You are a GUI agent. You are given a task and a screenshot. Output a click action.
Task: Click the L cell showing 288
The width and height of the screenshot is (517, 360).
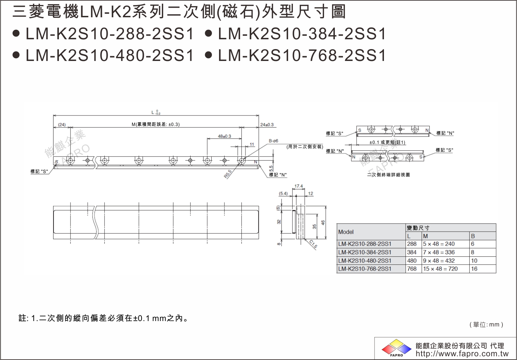tap(412, 244)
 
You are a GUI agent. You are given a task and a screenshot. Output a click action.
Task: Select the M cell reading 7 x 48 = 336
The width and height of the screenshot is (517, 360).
tap(439, 252)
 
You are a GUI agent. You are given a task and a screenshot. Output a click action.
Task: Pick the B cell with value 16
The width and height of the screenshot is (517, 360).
tap(474, 269)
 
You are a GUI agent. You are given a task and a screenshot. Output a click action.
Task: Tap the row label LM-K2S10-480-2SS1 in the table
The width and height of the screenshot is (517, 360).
tap(365, 261)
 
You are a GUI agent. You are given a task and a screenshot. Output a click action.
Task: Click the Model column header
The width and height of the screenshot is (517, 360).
tap(346, 232)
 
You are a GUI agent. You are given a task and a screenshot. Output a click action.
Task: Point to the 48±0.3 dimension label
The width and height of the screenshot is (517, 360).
tap(224, 136)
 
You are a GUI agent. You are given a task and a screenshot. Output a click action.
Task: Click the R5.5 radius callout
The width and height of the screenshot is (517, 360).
tap(228, 174)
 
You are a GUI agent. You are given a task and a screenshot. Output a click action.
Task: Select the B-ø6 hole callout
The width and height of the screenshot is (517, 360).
tap(274, 141)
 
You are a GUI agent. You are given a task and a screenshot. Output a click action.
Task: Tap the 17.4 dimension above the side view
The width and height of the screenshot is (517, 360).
tap(299, 186)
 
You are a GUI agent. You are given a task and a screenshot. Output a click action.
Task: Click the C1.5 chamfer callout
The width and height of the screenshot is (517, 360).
tap(313, 244)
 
